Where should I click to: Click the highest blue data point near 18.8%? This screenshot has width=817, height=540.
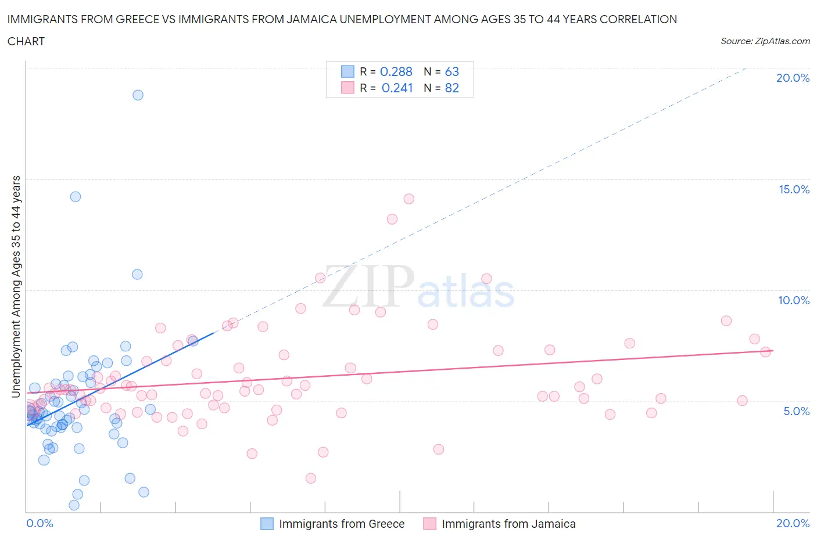pos(138,95)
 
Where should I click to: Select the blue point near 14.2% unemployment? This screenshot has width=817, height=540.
pos(76,197)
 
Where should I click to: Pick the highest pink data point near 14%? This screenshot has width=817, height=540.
pos(408,199)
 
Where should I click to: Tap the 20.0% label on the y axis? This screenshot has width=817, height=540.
pos(793,78)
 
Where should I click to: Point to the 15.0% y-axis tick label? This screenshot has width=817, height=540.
pos(794,190)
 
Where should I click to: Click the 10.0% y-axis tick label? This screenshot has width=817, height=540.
pos(794,301)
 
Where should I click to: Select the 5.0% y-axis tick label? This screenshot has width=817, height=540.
pos(796,412)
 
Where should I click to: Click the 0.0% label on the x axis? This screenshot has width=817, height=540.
pos(40,524)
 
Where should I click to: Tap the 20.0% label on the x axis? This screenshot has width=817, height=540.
pos(793,524)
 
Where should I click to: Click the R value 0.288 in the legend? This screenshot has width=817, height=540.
pos(396,72)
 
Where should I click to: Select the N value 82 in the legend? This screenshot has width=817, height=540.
pos(451,88)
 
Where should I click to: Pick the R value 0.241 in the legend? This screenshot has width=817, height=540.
pos(397,88)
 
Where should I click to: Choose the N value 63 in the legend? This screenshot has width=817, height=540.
pos(451,72)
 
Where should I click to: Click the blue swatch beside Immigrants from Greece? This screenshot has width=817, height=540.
pos(267,524)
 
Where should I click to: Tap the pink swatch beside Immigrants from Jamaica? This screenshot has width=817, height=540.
pos(429,524)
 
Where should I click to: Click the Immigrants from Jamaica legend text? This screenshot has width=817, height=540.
pos(508,524)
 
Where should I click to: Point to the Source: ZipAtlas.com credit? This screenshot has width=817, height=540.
pos(765,41)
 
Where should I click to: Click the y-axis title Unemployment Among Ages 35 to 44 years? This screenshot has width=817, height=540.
pos(16,287)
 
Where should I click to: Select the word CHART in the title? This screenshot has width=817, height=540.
pos(26,41)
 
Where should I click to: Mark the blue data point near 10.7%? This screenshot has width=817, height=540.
pos(137,275)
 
